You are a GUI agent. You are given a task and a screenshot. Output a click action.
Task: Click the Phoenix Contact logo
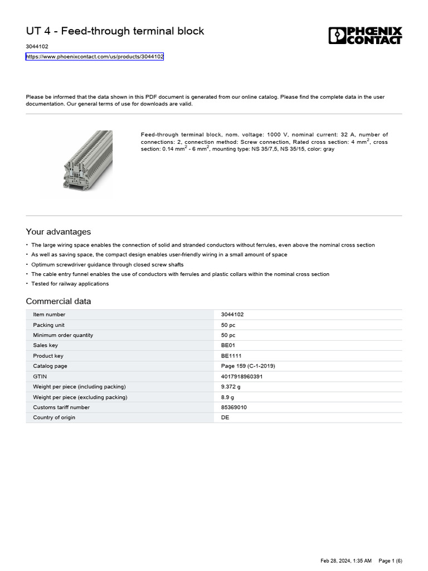[365, 35]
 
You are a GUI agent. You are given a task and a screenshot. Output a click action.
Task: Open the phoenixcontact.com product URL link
[95, 57]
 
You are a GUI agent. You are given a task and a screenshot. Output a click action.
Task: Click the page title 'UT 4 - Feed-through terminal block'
[115, 31]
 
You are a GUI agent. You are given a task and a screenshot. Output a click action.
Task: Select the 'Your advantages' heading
[58, 232]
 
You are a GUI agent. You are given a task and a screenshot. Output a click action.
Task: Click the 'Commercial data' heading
[59, 302]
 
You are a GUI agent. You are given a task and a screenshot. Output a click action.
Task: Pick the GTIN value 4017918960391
[241, 376]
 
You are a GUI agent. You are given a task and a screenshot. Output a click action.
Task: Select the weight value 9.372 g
[231, 386]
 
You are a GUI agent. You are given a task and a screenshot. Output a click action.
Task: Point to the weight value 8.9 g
[227, 397]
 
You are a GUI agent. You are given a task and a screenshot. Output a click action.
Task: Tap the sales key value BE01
[228, 346]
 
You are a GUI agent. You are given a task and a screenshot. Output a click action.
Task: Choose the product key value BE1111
[231, 356]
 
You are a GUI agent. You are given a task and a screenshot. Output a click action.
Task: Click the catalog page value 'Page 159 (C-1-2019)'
[248, 366]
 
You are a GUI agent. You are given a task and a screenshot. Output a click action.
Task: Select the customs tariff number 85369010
[234, 407]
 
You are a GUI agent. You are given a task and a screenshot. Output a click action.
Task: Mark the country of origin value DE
[225, 417]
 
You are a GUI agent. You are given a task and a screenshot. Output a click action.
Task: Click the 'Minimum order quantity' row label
[63, 335]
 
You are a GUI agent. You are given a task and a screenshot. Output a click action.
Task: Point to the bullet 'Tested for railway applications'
[70, 284]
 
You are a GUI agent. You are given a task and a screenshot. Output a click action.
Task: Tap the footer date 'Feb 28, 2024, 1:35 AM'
[346, 560]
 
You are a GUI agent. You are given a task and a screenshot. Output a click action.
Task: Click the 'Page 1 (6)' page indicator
[390, 560]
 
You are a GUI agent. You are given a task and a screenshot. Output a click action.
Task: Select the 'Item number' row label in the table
[49, 314]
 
